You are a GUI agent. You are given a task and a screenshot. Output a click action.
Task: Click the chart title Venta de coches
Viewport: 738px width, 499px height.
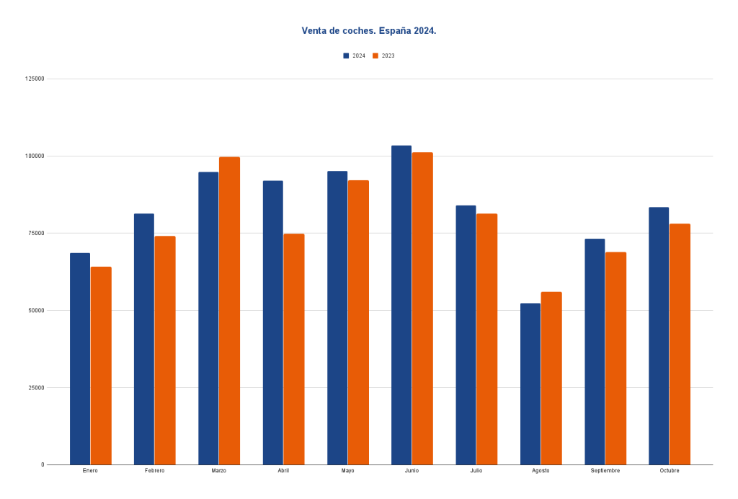(368, 31)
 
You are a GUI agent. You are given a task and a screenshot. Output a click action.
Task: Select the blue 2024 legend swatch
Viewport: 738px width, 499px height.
(346, 56)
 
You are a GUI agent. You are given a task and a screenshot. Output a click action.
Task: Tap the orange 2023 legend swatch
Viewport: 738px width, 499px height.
(375, 56)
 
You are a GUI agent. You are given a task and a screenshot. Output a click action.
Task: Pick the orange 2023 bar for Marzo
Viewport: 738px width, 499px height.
(229, 310)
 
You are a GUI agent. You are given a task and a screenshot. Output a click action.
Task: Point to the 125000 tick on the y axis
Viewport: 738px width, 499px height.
(35, 79)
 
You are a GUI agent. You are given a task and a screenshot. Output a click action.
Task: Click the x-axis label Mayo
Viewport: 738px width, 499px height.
(347, 471)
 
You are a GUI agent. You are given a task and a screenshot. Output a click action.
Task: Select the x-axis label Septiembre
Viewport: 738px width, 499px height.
(605, 471)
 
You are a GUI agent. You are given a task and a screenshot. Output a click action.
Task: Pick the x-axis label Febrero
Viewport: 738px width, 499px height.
(154, 471)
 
